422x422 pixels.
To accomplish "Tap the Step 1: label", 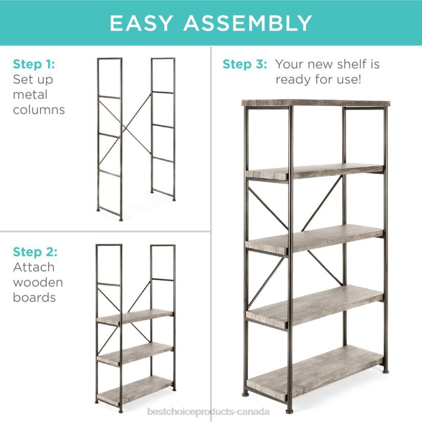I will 34,64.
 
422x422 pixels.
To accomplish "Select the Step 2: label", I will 35,252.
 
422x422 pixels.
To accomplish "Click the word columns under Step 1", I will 39,109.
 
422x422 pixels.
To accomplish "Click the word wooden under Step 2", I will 38,282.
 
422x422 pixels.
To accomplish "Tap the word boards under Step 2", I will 34,297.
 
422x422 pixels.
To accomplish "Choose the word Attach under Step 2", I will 34,267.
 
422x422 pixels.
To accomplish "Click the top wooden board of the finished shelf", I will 316,103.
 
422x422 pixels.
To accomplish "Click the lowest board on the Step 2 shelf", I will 135,391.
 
